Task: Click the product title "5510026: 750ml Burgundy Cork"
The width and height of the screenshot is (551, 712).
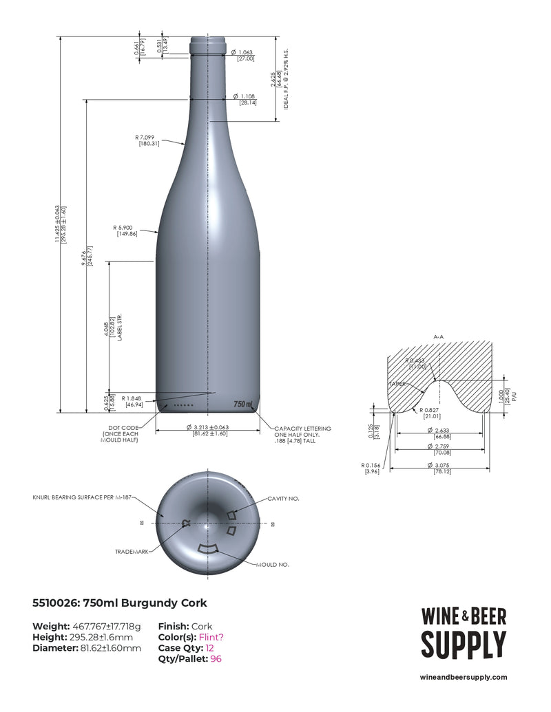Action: (120, 603)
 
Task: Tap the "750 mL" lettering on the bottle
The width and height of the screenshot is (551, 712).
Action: (243, 404)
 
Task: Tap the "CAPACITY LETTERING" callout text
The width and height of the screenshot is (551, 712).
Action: (302, 428)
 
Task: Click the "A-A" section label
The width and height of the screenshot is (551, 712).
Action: (439, 336)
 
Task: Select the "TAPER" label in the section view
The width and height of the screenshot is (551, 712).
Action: (398, 384)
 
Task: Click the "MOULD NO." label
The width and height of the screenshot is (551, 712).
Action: (272, 564)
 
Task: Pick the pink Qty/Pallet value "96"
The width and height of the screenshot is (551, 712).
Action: (216, 659)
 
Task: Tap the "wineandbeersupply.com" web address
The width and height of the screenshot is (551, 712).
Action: (464, 678)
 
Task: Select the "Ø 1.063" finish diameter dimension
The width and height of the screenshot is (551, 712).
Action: (244, 52)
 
